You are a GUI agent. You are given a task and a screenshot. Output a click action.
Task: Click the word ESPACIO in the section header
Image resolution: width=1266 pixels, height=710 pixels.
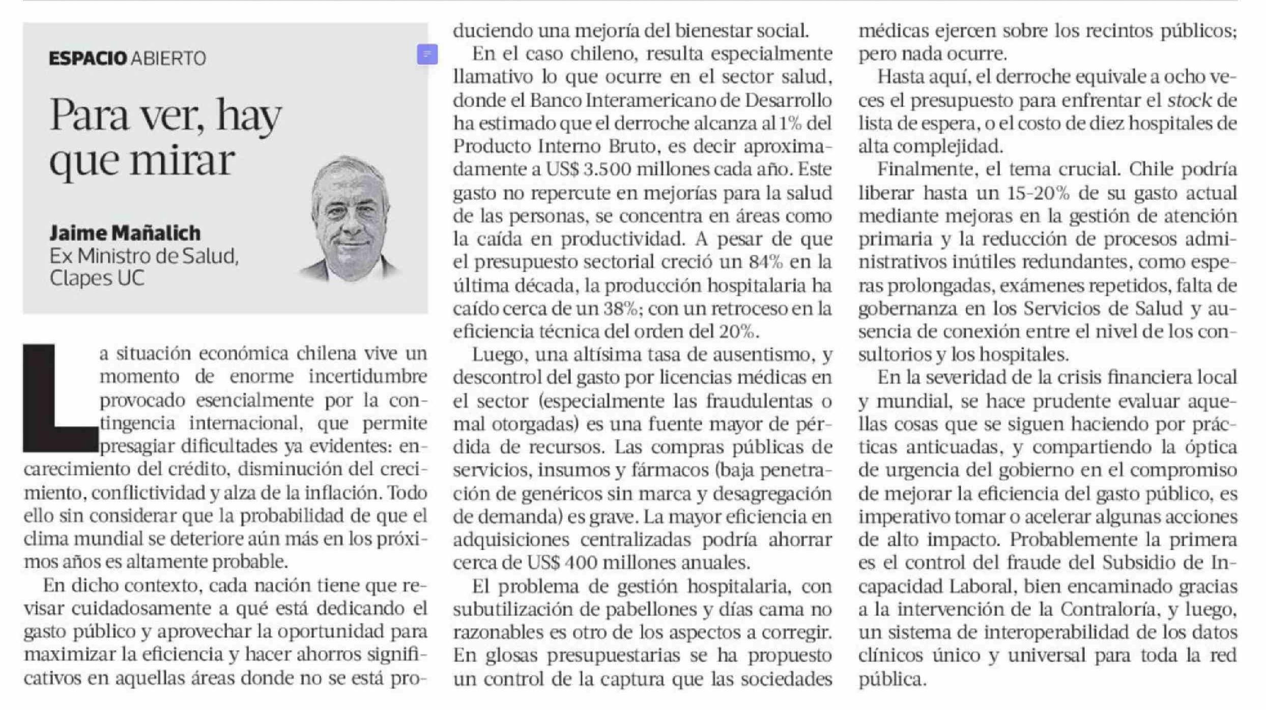pos(88,58)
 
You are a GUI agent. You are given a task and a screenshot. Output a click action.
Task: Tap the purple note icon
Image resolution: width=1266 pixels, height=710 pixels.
pos(427,54)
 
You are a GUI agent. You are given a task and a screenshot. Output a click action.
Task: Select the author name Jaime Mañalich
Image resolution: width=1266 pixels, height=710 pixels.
pos(125,233)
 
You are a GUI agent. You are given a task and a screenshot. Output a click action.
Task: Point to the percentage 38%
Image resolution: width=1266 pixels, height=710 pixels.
pos(621,309)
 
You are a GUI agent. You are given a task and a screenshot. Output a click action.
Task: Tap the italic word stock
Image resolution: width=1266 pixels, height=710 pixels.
pos(1189,100)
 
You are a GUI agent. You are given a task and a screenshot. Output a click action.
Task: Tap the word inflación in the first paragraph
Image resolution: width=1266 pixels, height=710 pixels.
pos(340,493)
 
